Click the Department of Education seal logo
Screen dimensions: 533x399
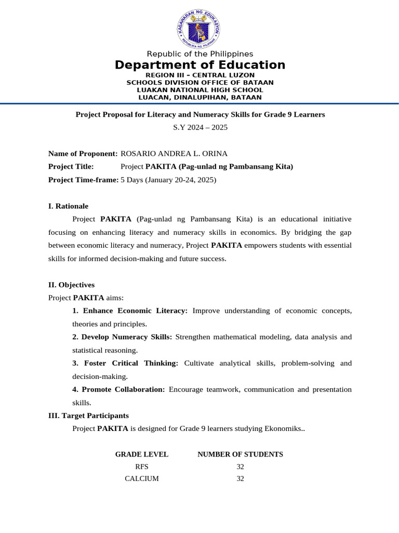(x=199, y=28)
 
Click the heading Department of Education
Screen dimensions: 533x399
(x=200, y=65)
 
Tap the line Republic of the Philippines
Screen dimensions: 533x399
(x=200, y=54)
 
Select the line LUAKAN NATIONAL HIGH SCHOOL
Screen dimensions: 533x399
(x=200, y=90)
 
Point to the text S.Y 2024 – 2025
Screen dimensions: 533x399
(x=200, y=127)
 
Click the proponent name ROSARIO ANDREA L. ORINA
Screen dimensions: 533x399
(x=174, y=154)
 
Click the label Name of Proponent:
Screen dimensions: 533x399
(x=83, y=154)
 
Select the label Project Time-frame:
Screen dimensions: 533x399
(x=83, y=180)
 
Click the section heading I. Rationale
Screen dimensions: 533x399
(x=68, y=206)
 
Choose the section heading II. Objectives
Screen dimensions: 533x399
(x=71, y=285)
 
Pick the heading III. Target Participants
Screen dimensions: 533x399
(x=88, y=416)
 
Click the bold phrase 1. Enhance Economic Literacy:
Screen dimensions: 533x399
(x=130, y=311)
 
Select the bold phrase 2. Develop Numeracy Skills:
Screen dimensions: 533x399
(x=122, y=337)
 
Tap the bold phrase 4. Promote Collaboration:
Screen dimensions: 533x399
(x=118, y=389)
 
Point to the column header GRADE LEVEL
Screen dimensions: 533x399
(x=142, y=454)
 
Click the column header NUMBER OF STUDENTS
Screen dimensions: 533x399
(x=240, y=454)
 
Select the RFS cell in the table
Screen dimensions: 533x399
(x=142, y=467)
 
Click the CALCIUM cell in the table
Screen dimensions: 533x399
(x=142, y=479)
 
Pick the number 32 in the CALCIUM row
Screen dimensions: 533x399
(x=240, y=479)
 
